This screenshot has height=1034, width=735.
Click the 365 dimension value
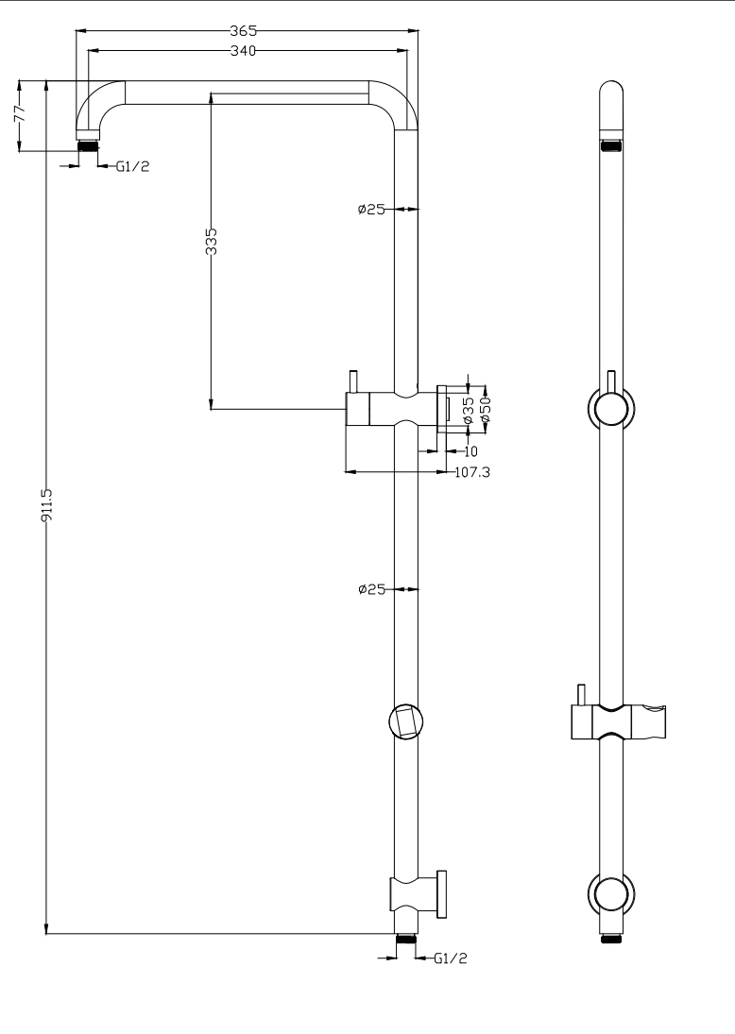click(x=244, y=30)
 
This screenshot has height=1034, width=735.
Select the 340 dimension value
click(x=244, y=51)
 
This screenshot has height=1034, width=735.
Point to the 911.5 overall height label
click(x=47, y=505)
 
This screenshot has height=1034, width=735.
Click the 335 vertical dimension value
click(x=211, y=241)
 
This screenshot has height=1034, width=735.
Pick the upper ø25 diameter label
click(x=371, y=210)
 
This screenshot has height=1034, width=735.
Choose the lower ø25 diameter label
click(x=371, y=589)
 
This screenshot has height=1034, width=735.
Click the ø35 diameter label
click(x=469, y=410)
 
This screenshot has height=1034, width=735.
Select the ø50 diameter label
click(x=487, y=410)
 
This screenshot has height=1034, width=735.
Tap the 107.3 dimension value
click(x=472, y=472)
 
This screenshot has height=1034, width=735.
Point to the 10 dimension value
click(x=471, y=451)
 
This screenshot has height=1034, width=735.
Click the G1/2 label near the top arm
click(x=132, y=166)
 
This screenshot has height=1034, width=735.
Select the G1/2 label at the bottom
click(x=450, y=958)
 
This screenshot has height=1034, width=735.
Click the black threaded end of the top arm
click(x=89, y=145)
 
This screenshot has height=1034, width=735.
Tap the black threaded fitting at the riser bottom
click(x=406, y=939)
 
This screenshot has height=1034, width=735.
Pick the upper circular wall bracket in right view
click(x=611, y=408)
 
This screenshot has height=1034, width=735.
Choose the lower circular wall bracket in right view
click(x=611, y=893)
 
